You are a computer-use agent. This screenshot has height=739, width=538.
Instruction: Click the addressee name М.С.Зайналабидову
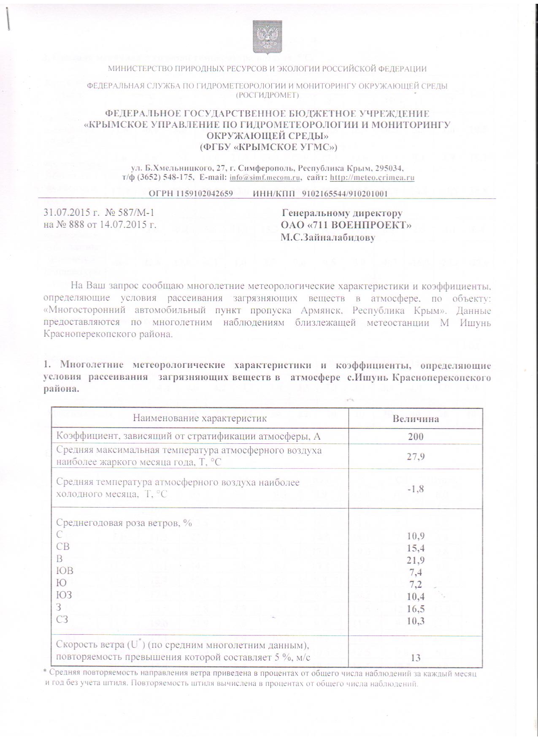click(328, 237)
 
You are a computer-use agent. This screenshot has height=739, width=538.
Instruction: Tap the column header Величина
click(416, 418)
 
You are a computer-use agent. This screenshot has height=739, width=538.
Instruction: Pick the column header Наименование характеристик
click(200, 418)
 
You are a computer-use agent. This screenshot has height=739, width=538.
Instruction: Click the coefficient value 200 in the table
click(416, 436)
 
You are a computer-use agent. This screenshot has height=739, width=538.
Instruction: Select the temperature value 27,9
click(416, 456)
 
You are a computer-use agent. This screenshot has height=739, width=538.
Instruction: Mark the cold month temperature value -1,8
click(415, 489)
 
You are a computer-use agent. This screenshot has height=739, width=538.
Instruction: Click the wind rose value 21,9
click(416, 560)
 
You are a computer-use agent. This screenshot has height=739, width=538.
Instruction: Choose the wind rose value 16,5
click(416, 609)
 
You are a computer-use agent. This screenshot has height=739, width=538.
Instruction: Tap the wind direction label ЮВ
click(65, 571)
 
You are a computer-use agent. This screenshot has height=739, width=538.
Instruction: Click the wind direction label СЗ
click(62, 619)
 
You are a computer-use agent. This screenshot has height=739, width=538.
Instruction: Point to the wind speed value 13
click(416, 657)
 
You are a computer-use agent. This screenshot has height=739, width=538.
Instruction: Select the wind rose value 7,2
click(416, 584)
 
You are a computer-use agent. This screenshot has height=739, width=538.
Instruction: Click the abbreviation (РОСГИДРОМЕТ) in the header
click(267, 95)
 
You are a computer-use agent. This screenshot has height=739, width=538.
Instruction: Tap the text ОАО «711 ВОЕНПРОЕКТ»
click(346, 225)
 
